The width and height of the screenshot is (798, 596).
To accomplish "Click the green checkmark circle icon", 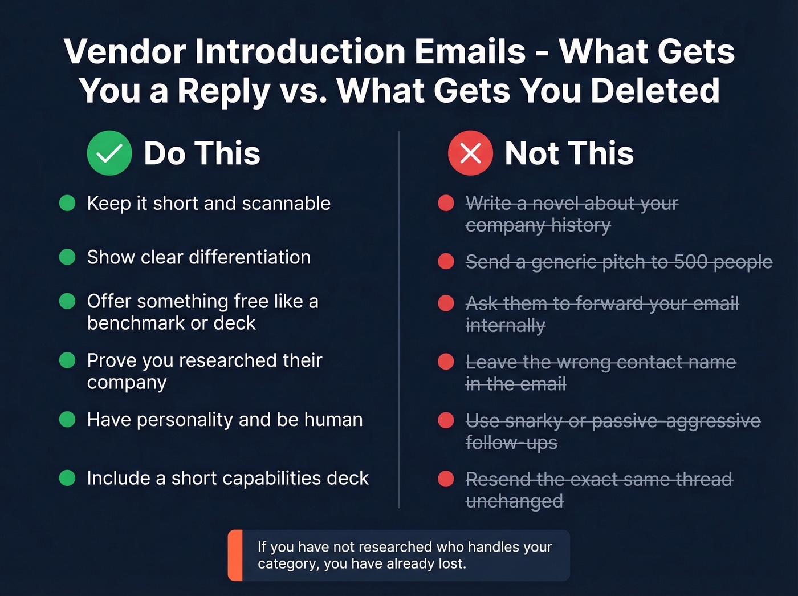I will point(109,153).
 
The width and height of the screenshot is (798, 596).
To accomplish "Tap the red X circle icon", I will point(470,153).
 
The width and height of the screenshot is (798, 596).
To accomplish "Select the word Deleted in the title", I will point(655,91).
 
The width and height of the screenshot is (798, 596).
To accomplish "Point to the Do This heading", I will point(202,153).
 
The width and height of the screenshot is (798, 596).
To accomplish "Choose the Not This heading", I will point(569,153).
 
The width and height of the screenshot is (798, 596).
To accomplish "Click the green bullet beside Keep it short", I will point(67,203).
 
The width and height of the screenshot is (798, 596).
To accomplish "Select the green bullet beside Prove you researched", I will point(67,360).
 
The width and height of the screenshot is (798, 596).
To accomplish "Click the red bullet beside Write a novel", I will point(446,203).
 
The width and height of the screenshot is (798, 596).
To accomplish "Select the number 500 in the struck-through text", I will point(691,262).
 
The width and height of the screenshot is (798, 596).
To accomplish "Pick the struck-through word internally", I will point(505,326).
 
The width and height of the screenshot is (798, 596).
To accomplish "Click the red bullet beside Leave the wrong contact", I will point(446,362).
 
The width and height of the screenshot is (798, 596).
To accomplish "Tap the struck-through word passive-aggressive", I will point(676,421).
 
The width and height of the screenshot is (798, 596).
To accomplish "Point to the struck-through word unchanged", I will point(514,501).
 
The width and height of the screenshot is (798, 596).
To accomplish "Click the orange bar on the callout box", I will point(235,556).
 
